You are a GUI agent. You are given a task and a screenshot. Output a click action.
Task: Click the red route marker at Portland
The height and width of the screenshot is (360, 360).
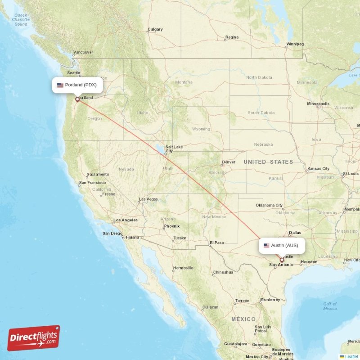coord(77,99)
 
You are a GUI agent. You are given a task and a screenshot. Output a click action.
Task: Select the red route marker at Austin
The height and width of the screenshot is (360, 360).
coord(282,260)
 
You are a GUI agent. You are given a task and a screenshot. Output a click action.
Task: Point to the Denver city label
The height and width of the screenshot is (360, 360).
coord(229,162)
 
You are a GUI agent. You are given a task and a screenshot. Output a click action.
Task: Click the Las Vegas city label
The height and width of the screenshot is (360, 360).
coord(148,199)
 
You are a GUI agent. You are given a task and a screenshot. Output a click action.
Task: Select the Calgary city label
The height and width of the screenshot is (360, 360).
coord(155,30)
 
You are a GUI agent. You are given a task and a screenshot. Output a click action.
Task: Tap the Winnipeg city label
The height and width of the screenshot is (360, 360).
coord(295,44)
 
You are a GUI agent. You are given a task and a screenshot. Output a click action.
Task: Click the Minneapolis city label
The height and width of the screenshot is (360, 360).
coord(318,103)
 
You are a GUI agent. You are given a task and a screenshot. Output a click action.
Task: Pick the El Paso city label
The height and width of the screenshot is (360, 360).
coord(216,243)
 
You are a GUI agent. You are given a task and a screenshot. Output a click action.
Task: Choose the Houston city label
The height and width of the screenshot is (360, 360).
coord(309,262)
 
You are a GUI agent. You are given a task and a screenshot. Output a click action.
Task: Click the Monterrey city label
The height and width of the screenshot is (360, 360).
coord(270,299)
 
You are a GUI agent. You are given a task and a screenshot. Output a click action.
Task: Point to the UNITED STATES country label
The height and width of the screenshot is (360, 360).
coord(268,162)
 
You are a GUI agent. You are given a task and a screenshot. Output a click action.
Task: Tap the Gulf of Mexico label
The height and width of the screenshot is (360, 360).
coord(330,306)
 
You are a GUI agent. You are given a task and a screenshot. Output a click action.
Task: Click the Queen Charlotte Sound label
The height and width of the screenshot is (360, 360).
coord(21,20)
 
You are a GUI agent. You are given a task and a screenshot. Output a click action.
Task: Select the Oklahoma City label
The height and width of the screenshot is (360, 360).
coord(269,205)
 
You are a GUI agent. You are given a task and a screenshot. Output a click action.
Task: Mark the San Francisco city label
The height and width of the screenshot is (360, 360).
coord(92,183)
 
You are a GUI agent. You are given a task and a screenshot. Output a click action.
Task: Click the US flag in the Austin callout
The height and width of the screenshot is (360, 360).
coord(267,245)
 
